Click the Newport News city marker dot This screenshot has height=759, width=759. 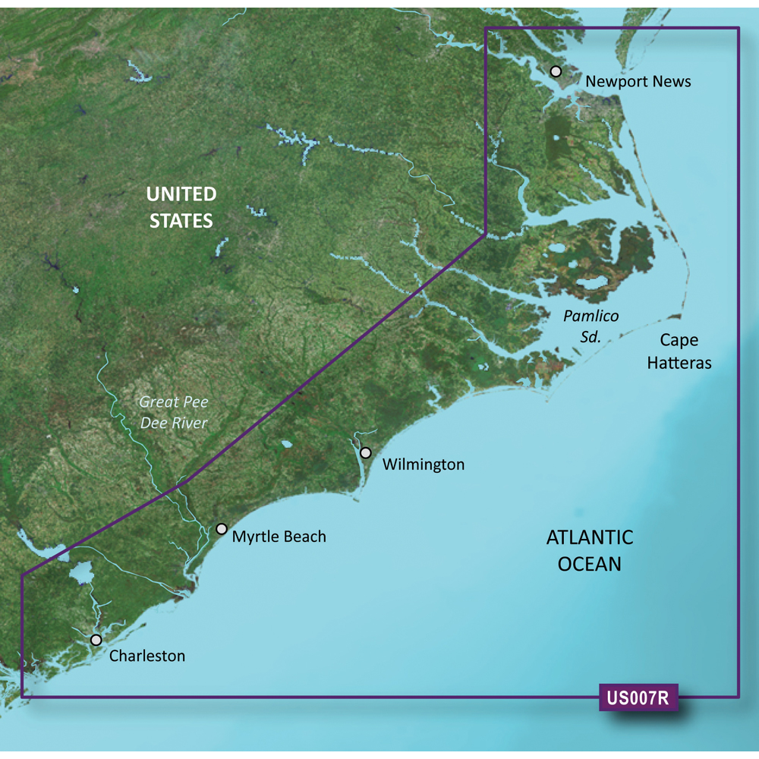[x=556, y=71]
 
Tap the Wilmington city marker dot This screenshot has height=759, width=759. [x=366, y=453]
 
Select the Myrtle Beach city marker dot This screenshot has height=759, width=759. [x=222, y=529]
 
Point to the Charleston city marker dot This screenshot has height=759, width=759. [x=96, y=640]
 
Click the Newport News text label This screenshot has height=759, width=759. [x=638, y=81]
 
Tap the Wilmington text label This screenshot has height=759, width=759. [x=424, y=464]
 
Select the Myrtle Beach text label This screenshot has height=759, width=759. [x=279, y=537]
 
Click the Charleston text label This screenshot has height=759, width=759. [x=147, y=656]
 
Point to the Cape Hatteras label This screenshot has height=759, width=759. [x=679, y=351]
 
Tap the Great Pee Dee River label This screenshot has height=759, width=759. [x=174, y=412]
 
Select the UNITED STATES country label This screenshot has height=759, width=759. [x=181, y=207]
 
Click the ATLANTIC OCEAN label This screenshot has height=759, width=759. [x=590, y=550]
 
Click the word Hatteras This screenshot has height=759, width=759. [x=679, y=363]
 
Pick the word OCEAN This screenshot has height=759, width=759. [x=590, y=564]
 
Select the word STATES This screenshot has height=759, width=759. [x=181, y=221]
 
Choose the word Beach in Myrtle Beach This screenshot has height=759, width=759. [x=303, y=537]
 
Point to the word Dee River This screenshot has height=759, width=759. [x=174, y=423]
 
